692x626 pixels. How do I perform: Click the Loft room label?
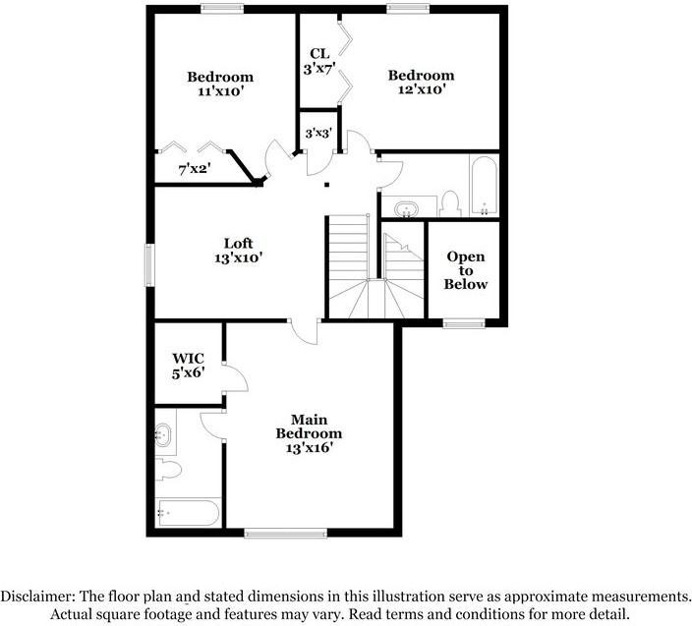pos(239,244)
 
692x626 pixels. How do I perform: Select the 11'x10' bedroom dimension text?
pos(220,91)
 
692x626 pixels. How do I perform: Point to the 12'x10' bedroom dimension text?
pos(421,89)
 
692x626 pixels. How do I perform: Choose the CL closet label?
pos(318,53)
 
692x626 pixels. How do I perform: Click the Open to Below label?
pos(466,270)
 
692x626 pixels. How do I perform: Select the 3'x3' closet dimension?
pos(317,132)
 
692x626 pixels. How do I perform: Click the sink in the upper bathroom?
pos(406,208)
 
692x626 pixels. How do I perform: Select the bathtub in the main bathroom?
pos(188,513)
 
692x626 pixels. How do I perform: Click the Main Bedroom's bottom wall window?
pos(271,534)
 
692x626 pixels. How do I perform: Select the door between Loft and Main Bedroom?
pos(306,331)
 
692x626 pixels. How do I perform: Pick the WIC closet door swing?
pos(233,377)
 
